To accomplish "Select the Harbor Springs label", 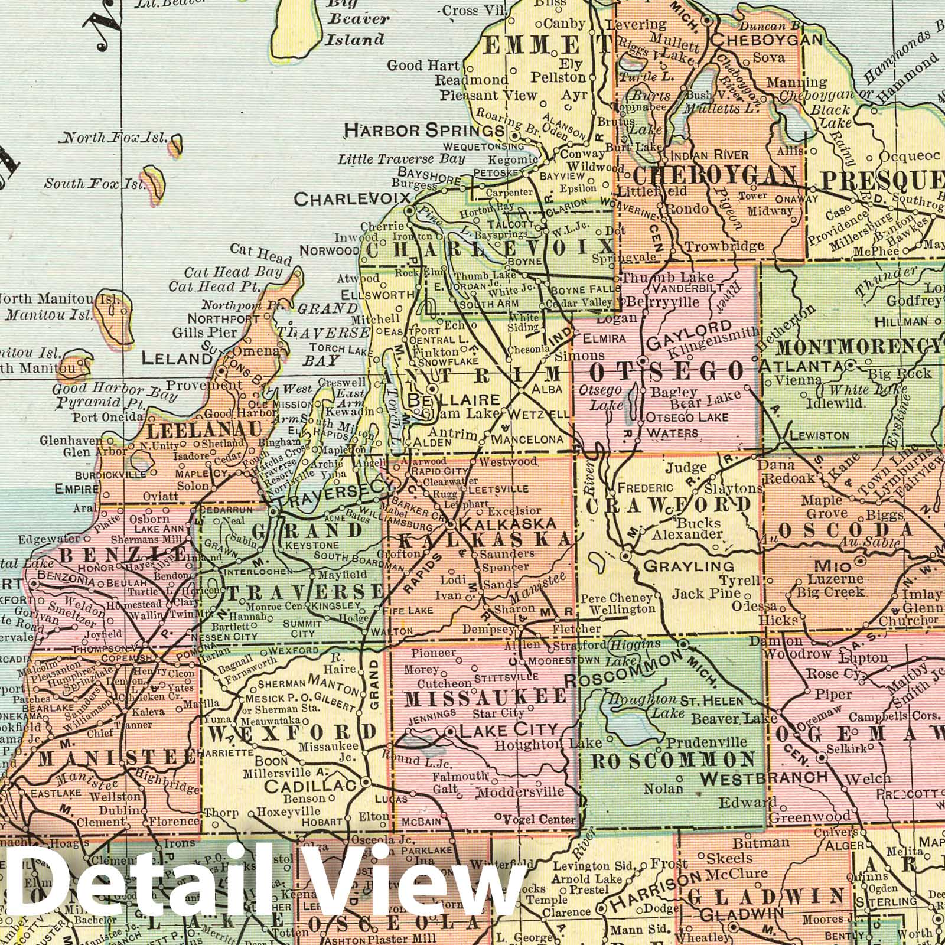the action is tap(423, 129).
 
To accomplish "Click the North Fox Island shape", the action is tap(175, 144).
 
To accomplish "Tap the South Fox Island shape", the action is tap(155, 176).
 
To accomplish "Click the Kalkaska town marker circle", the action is tap(450, 524).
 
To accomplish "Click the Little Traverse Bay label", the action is tap(402, 159).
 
